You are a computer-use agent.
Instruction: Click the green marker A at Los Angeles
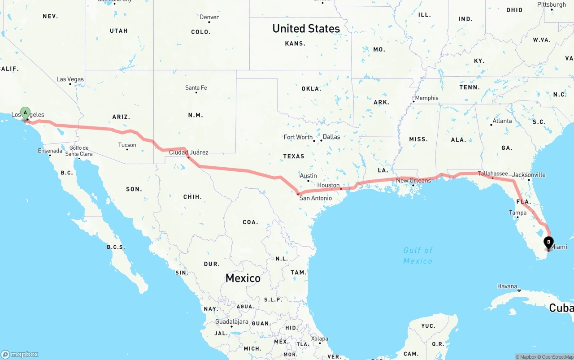pos(26,112)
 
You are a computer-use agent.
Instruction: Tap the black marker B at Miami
pos(548,243)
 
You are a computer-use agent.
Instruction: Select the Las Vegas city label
pos(70,79)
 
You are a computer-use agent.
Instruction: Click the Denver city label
pos(209,17)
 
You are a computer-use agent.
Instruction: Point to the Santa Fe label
pos(196,88)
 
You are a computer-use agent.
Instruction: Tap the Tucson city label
pos(127,145)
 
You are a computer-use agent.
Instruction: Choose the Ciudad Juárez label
pos(188,152)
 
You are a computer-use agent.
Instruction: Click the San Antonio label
pos(316,198)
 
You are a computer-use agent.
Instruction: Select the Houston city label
pos(328,185)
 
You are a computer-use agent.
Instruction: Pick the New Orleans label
pos(413,181)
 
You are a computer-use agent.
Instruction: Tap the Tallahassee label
pos(493,173)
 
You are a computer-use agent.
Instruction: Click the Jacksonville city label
pos(529,175)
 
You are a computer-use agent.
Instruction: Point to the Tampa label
pos(517,213)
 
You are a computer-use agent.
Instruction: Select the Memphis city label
pos(426,98)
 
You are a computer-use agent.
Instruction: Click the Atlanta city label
pos(502,121)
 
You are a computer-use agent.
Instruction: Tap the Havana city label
pos(507,286)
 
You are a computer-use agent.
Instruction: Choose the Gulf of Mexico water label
pos(418,256)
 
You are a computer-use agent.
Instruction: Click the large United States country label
pos(306,29)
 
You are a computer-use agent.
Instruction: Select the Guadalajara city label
pos(231,322)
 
